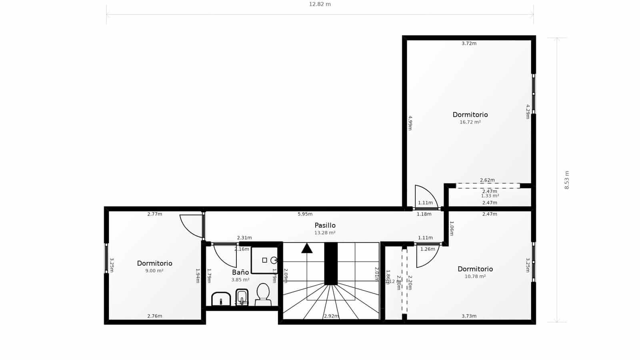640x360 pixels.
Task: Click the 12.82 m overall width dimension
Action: (x=320, y=4)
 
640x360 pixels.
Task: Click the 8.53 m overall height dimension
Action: (x=566, y=180)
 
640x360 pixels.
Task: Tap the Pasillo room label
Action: (x=325, y=226)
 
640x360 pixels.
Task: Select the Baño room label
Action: (x=240, y=272)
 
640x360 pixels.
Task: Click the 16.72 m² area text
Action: (x=470, y=122)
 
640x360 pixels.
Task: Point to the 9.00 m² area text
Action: (x=154, y=271)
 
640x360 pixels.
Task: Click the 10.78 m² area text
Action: (x=475, y=276)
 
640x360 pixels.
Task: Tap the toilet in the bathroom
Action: (x=263, y=294)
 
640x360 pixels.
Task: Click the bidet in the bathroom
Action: (x=242, y=297)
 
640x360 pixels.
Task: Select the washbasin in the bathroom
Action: (x=221, y=299)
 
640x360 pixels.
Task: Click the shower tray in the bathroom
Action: (x=264, y=260)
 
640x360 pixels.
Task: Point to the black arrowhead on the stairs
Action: (x=307, y=248)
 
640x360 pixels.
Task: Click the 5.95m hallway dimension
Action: (x=305, y=214)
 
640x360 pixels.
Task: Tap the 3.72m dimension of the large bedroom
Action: (x=469, y=44)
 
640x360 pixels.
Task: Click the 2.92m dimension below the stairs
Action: (x=331, y=316)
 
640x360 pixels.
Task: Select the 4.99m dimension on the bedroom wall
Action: (x=410, y=122)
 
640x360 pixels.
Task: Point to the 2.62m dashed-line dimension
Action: (x=487, y=180)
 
